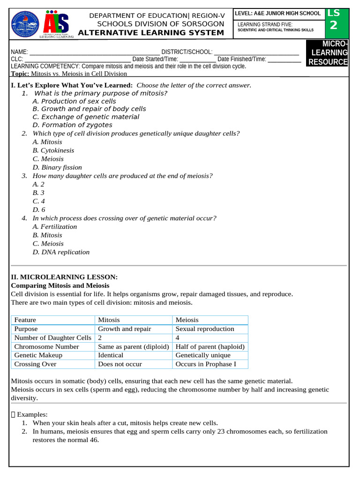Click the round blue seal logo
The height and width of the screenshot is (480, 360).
[x=25, y=23]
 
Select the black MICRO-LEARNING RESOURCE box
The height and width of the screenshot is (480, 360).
[x=328, y=53]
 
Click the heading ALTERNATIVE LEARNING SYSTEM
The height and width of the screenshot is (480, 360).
[x=150, y=32]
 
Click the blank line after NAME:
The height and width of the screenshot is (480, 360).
[x=94, y=52]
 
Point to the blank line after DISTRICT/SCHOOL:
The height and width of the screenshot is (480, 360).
[x=256, y=52]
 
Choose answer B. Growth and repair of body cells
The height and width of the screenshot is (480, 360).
[x=89, y=109]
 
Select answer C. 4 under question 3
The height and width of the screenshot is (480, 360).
[x=39, y=201]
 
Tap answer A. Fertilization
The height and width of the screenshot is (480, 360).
[x=55, y=227]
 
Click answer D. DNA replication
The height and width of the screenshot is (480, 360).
[x=61, y=252]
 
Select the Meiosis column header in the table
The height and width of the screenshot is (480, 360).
[x=187, y=320]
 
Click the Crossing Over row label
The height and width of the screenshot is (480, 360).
[x=35, y=364]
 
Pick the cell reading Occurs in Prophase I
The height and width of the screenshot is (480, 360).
[x=206, y=364]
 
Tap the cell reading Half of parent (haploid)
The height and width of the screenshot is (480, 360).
[x=210, y=347]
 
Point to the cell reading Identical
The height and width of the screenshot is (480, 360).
[x=111, y=355]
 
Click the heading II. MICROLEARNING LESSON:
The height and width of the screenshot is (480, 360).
[x=64, y=277]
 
